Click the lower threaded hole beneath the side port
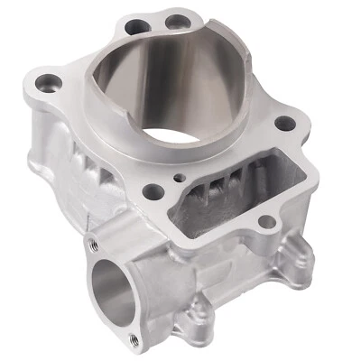click(135, 339)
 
